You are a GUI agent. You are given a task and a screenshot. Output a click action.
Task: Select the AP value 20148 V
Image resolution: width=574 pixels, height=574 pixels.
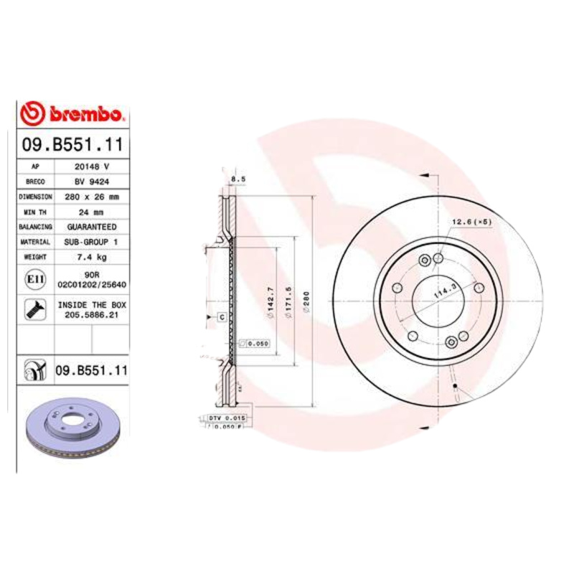click(91, 166)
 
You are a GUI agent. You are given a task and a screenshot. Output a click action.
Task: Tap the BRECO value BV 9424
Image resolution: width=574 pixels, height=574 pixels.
click(91, 181)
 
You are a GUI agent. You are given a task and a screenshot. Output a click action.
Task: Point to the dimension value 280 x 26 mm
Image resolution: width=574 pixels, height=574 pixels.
click(91, 196)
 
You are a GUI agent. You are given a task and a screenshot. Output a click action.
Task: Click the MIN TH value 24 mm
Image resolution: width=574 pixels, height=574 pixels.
click(91, 212)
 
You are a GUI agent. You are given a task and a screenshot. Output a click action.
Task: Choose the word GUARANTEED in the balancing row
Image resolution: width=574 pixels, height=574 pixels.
click(91, 227)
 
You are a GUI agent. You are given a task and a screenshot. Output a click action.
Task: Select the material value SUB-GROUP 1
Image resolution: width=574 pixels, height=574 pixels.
click(91, 242)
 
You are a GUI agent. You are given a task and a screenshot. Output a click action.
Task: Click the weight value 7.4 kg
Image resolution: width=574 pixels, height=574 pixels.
click(91, 257)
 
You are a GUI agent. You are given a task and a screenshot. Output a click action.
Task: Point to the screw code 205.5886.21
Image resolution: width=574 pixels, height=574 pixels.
click(91, 314)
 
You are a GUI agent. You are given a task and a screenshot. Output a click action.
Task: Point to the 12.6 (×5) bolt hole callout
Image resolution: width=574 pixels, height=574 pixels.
click(471, 222)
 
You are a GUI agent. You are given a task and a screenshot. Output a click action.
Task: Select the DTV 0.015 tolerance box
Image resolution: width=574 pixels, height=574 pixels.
click(227, 417)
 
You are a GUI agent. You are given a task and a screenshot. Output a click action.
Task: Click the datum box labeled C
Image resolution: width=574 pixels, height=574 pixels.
click(221, 316)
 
